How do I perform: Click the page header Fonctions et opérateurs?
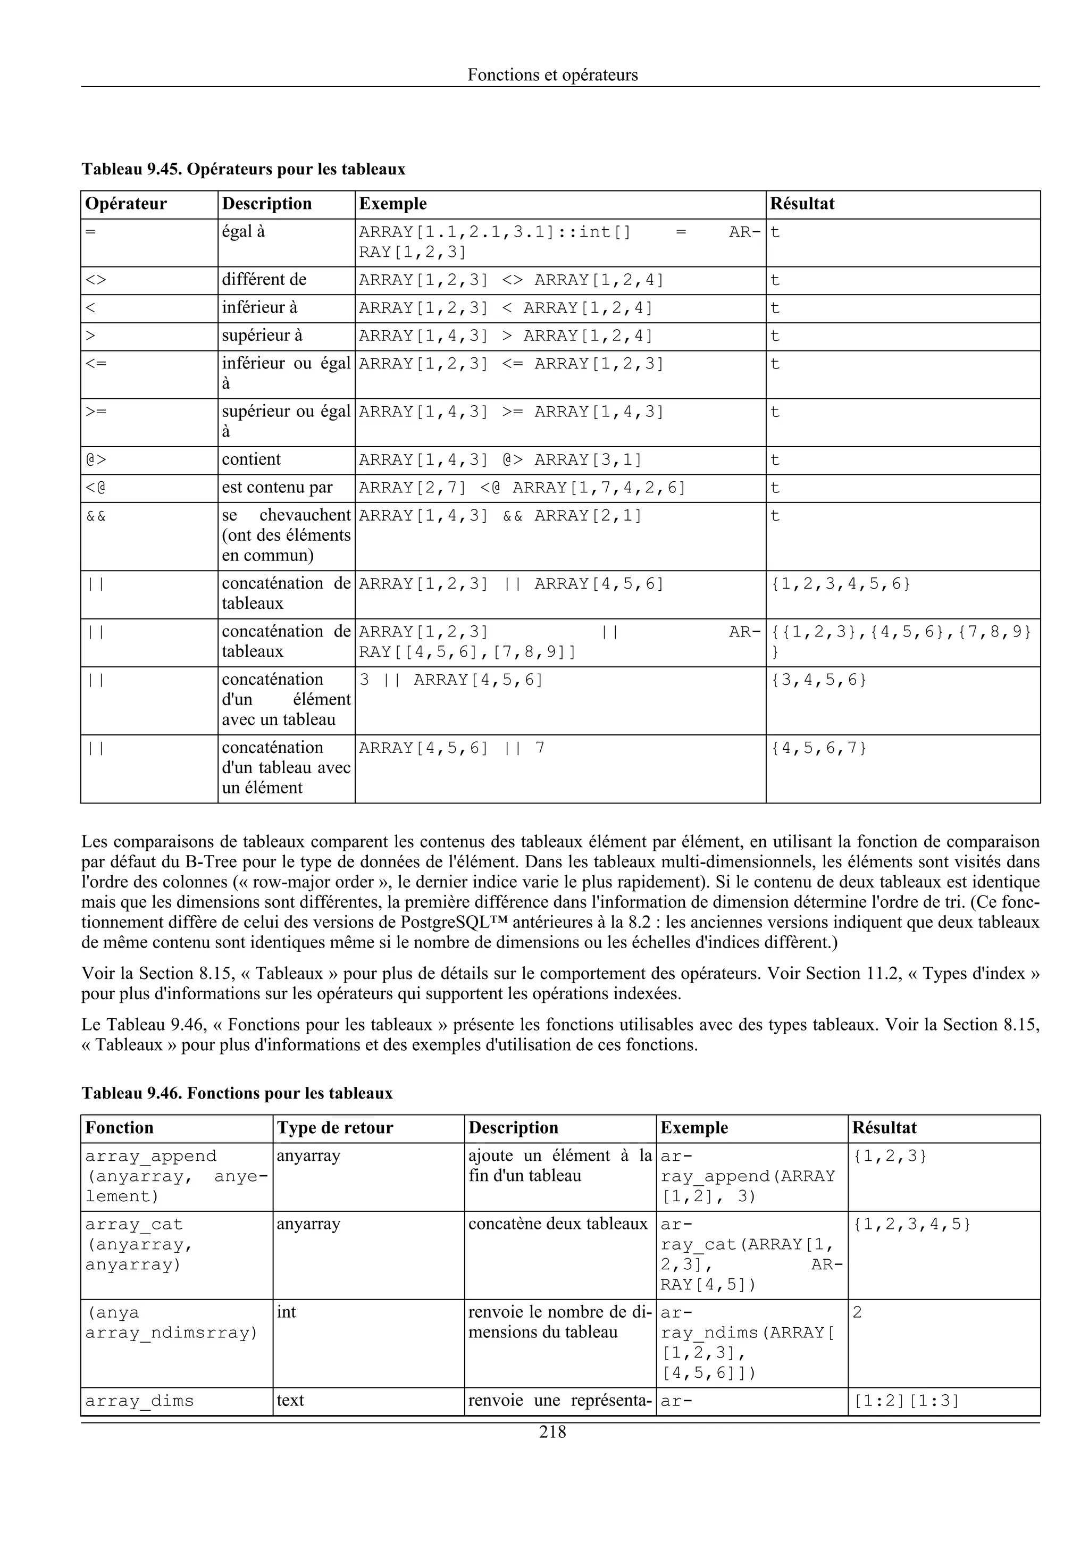pyautogui.click(x=552, y=74)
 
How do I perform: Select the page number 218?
pyautogui.click(x=552, y=1433)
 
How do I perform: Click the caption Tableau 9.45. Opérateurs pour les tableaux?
pyautogui.click(x=243, y=169)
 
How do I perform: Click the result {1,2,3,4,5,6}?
pyautogui.click(x=841, y=584)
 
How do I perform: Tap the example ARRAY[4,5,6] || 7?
pyautogui.click(x=451, y=748)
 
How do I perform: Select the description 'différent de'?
pyautogui.click(x=264, y=279)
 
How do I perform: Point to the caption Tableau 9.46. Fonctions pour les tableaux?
pyautogui.click(x=236, y=1093)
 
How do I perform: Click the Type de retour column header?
pyautogui.click(x=335, y=1127)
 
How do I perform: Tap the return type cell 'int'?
pyautogui.click(x=287, y=1312)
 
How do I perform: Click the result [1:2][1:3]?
pyautogui.click(x=906, y=1401)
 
